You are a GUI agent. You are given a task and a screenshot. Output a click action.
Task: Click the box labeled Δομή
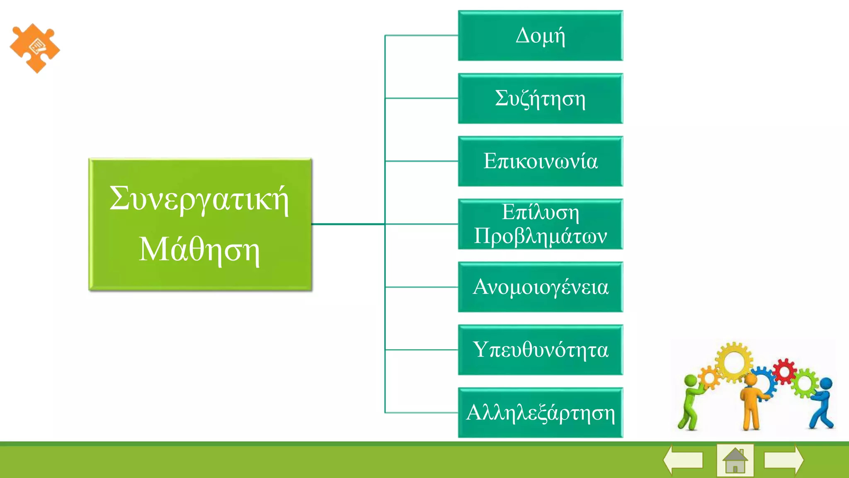[540, 36]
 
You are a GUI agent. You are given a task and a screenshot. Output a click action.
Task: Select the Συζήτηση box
[540, 99]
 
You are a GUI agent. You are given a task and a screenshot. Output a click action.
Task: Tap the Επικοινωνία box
[540, 161]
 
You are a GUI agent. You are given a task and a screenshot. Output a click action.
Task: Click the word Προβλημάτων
[540, 237]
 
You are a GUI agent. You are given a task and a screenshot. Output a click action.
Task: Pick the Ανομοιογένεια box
[540, 287]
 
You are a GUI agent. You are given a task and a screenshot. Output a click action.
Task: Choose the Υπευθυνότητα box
[540, 350]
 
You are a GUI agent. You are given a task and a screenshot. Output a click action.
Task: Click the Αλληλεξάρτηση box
[540, 413]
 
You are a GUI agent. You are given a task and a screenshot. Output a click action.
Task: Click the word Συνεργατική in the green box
[199, 199]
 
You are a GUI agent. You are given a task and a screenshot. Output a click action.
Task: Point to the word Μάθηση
[199, 250]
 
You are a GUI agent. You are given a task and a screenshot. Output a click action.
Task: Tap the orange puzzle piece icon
[35, 48]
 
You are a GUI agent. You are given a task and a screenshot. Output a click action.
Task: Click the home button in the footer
[735, 460]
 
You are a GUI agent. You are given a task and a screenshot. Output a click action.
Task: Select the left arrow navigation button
[683, 460]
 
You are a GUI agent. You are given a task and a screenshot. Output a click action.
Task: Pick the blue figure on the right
[822, 402]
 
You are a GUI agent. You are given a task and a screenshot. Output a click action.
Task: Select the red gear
[784, 371]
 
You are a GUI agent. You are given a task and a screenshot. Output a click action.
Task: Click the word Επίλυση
[540, 212]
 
